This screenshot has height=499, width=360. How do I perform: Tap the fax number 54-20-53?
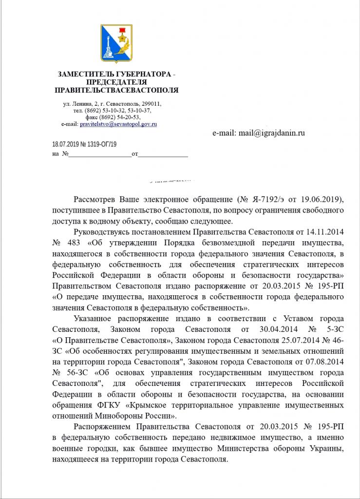pos(128,117)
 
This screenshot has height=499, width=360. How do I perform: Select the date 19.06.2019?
pos(322,200)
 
